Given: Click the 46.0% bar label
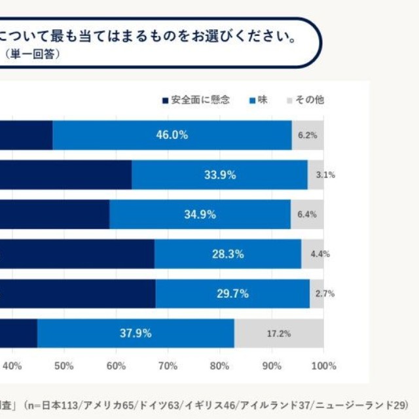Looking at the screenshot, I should (x=172, y=136).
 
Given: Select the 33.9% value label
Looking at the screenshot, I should (x=219, y=175).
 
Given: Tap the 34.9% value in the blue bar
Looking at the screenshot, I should (x=200, y=215).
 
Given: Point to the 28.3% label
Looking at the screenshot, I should (x=228, y=254).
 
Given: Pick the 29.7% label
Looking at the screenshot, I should (x=232, y=293).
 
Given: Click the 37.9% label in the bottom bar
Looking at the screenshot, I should (x=136, y=333).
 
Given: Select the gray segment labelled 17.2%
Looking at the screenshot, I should (x=279, y=333).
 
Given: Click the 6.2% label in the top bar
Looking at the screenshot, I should (x=307, y=136).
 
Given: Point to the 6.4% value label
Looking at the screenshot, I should (x=307, y=215).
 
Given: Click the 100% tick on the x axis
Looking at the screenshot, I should (x=323, y=365).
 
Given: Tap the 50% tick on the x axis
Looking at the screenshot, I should (x=64, y=365).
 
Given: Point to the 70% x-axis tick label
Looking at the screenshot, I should (x=168, y=365).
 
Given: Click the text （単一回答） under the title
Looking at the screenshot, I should (x=33, y=54).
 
